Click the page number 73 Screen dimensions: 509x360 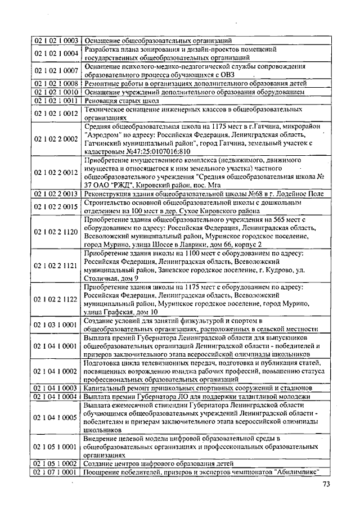pyautogui.click(x=326, y=485)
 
